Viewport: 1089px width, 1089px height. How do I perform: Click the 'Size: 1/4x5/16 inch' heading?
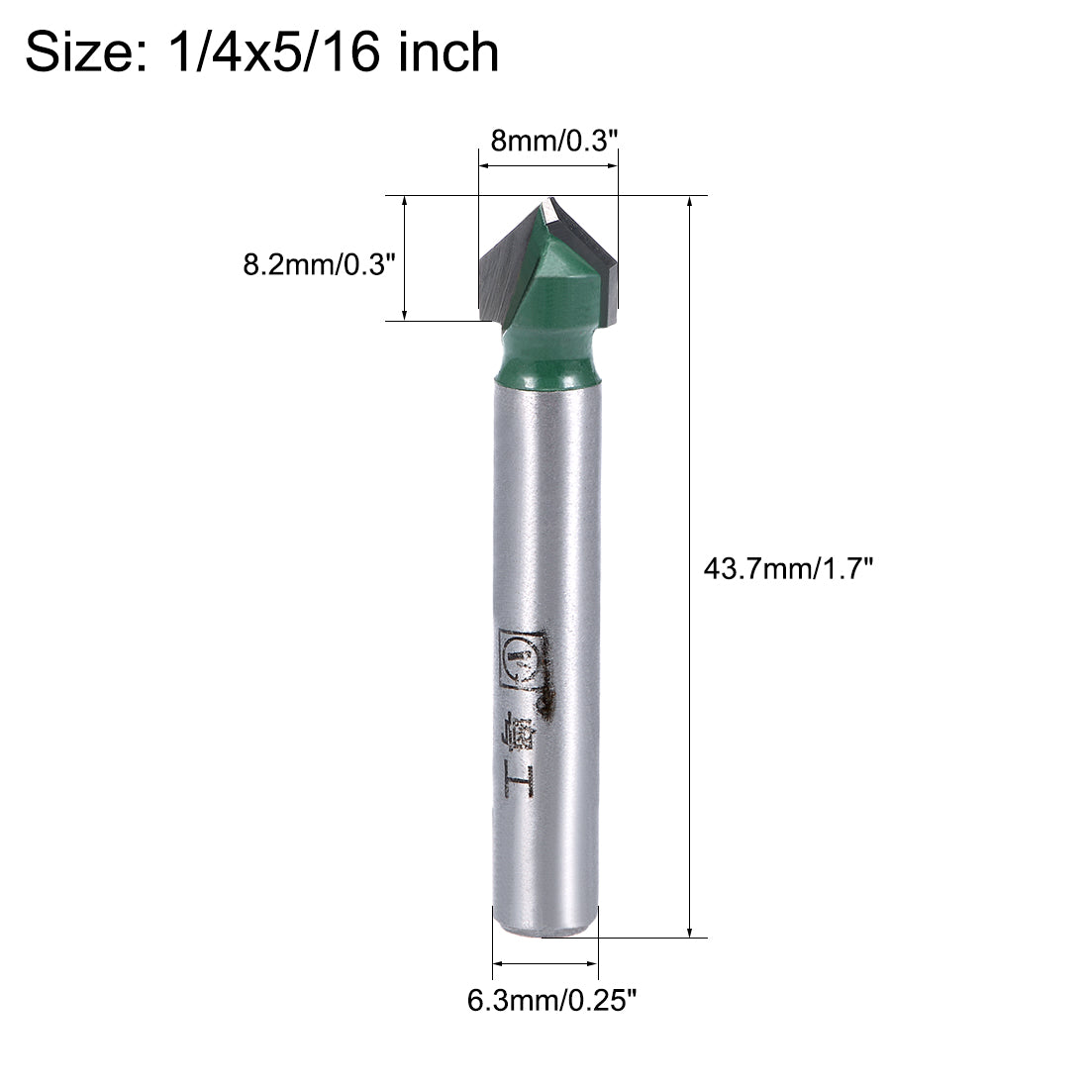coord(261,51)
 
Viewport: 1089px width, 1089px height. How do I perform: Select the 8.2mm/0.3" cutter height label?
coord(319,265)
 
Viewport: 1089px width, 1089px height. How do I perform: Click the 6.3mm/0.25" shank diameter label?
coord(548,1001)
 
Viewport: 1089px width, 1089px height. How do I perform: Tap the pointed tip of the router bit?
coord(547,201)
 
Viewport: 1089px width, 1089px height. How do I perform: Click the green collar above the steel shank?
coord(547,356)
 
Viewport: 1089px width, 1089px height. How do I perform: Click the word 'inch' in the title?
coord(447,51)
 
